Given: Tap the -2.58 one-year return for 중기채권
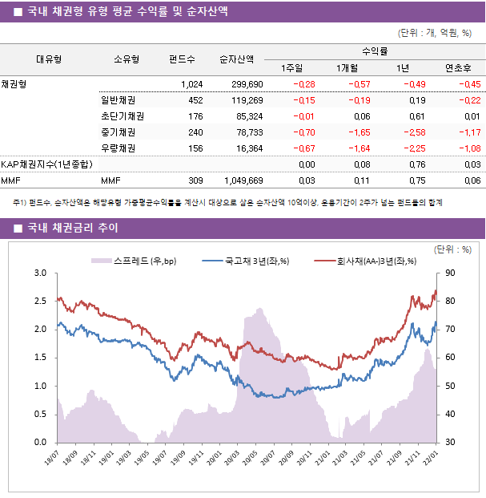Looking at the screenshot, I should [x=415, y=132].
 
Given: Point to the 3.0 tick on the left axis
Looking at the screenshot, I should [x=40, y=273].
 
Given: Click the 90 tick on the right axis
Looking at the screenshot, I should [x=451, y=273].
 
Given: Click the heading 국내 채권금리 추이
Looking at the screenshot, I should [x=72, y=229].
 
